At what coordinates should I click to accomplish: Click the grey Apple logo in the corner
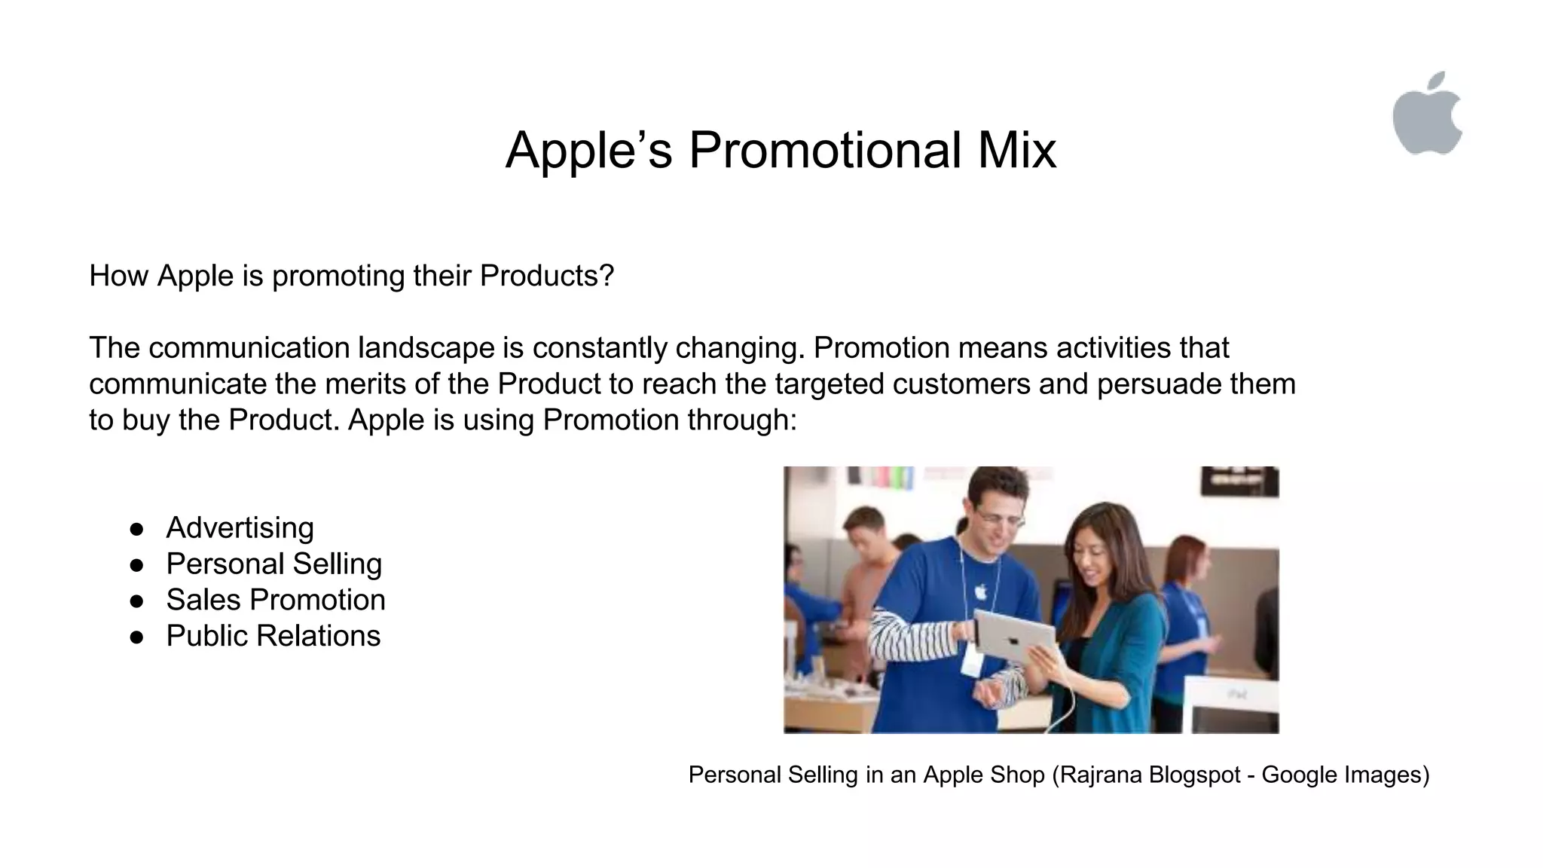click(1427, 115)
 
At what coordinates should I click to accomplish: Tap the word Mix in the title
click(1017, 150)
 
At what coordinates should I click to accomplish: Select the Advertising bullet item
click(240, 527)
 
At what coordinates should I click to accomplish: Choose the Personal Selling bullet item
click(273, 564)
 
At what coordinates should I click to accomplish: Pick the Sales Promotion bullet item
click(275, 600)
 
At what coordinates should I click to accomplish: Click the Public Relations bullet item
click(273, 636)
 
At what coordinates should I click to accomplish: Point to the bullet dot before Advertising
click(136, 529)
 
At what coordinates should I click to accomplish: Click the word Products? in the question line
click(546, 276)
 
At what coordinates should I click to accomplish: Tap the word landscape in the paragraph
click(426, 348)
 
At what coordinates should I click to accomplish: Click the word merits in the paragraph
click(365, 384)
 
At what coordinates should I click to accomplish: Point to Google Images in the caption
click(1341, 775)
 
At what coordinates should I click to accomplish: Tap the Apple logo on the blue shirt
click(980, 591)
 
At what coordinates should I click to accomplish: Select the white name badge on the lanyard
click(971, 663)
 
